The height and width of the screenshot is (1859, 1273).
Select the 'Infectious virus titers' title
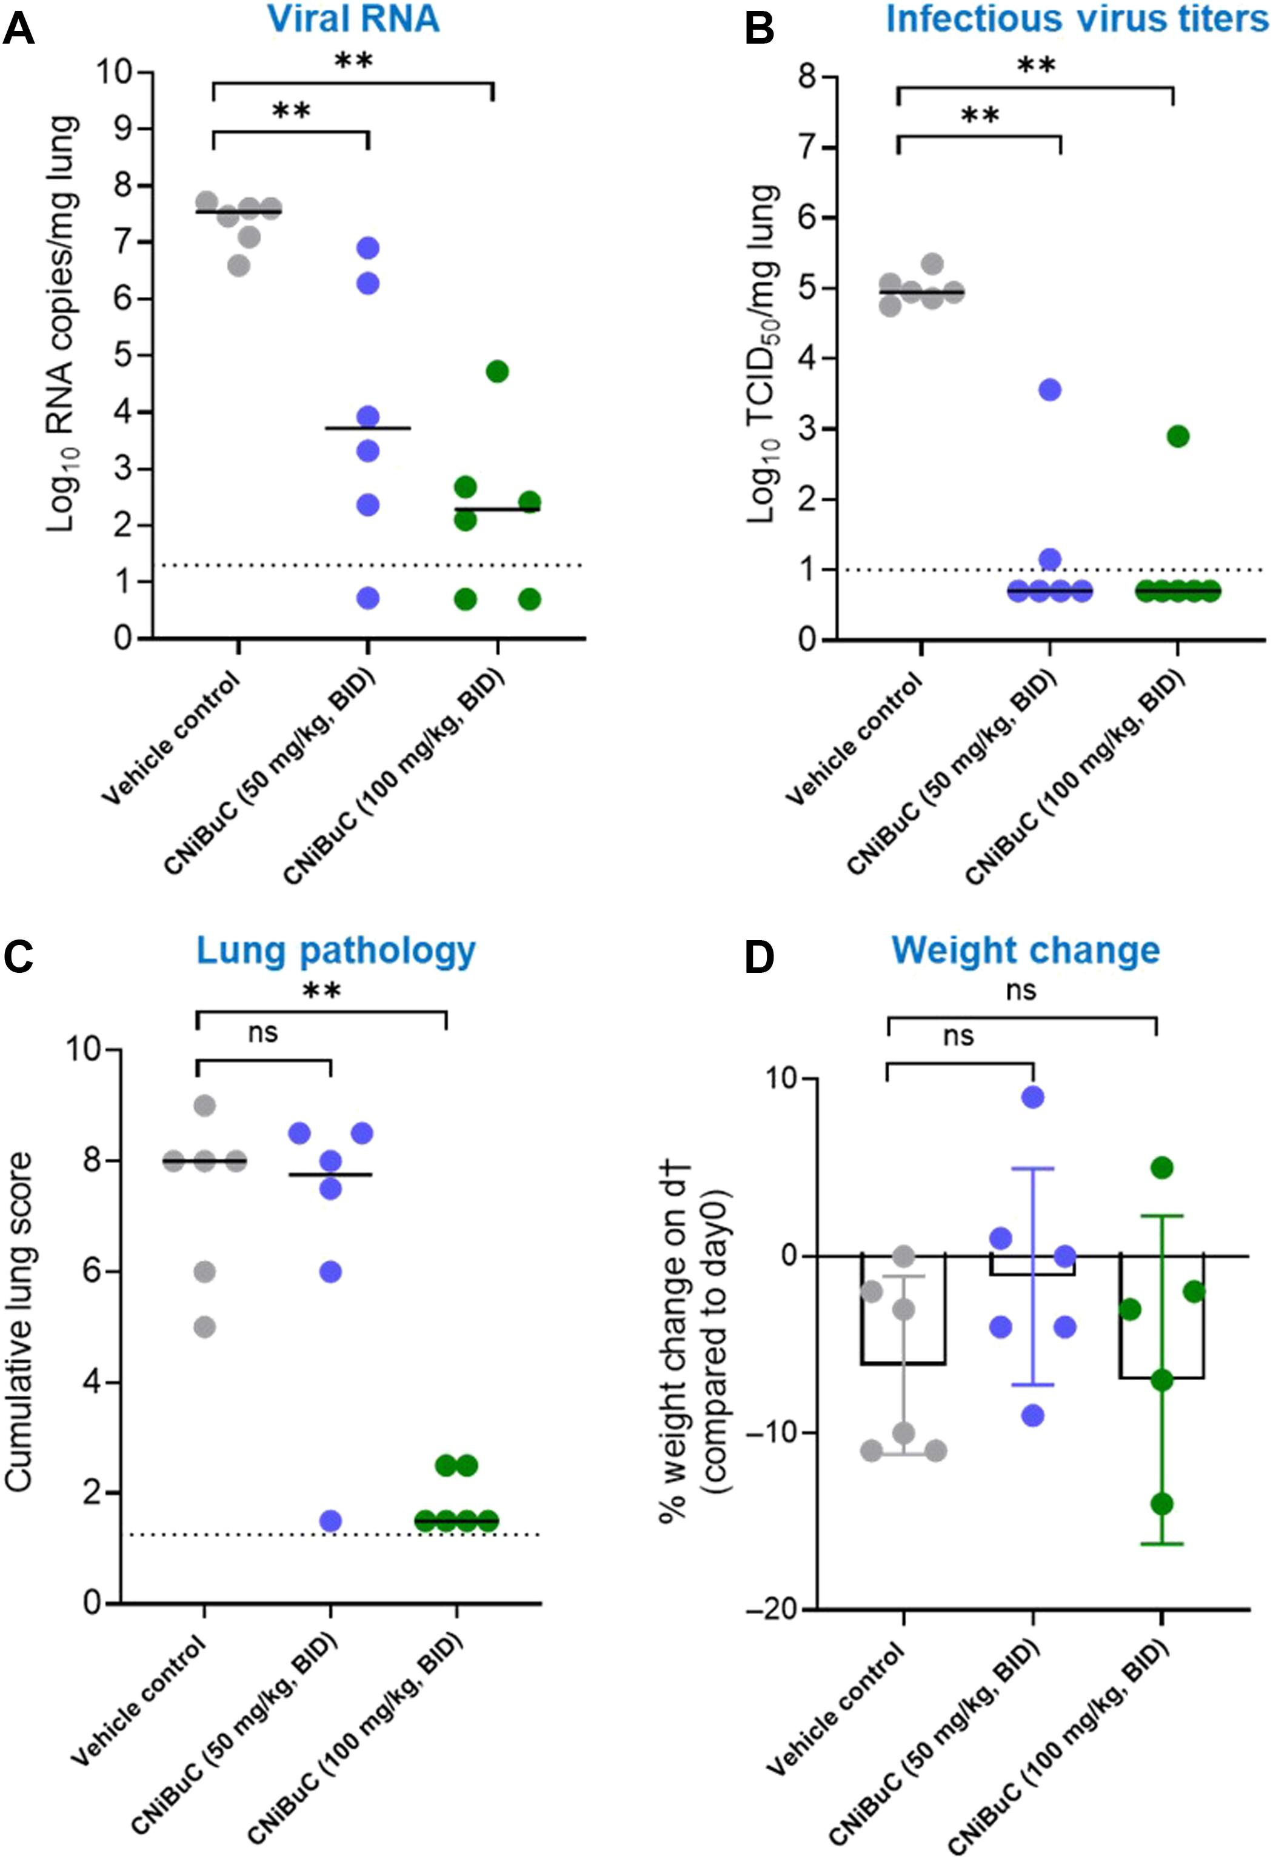pyautogui.click(x=1077, y=19)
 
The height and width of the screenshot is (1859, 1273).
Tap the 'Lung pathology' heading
pyautogui.click(x=336, y=951)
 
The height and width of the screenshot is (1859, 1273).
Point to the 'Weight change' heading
pyautogui.click(x=1026, y=950)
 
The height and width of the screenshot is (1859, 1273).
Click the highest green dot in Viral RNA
pyautogui.click(x=497, y=371)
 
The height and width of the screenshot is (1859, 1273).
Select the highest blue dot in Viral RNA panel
pyautogui.click(x=367, y=248)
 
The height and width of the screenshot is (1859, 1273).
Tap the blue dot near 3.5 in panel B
pyautogui.click(x=1050, y=390)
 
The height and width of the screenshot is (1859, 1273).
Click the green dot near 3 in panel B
pyautogui.click(x=1178, y=436)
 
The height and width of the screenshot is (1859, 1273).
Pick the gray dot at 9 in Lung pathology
pyautogui.click(x=205, y=1106)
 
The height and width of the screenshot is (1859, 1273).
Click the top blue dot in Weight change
pyautogui.click(x=1033, y=1096)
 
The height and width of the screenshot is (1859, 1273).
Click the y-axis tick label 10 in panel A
pyautogui.click(x=115, y=72)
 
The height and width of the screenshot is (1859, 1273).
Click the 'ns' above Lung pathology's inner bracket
pyautogui.click(x=262, y=1033)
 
